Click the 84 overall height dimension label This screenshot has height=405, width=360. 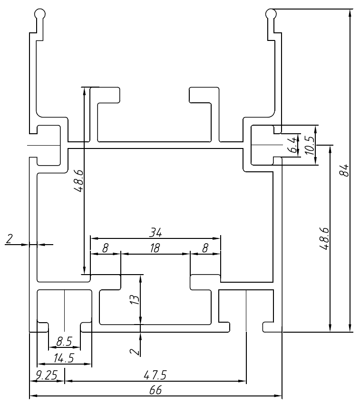pyautogui.click(x=346, y=170)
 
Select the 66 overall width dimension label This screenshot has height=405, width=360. pyautogui.click(x=156, y=390)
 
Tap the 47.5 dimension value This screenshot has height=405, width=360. pyautogui.click(x=155, y=375)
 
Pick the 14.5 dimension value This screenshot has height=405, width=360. pyautogui.click(x=64, y=358)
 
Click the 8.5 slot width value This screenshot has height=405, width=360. pyautogui.click(x=64, y=342)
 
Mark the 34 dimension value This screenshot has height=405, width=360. pyautogui.click(x=156, y=232)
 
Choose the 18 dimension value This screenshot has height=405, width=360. pyautogui.click(x=155, y=248)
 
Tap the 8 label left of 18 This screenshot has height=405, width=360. pyautogui.click(x=105, y=248)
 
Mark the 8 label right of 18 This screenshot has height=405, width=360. pyautogui.click(x=205, y=248)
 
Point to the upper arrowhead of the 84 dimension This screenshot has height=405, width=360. pyautogui.click(x=350, y=13)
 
